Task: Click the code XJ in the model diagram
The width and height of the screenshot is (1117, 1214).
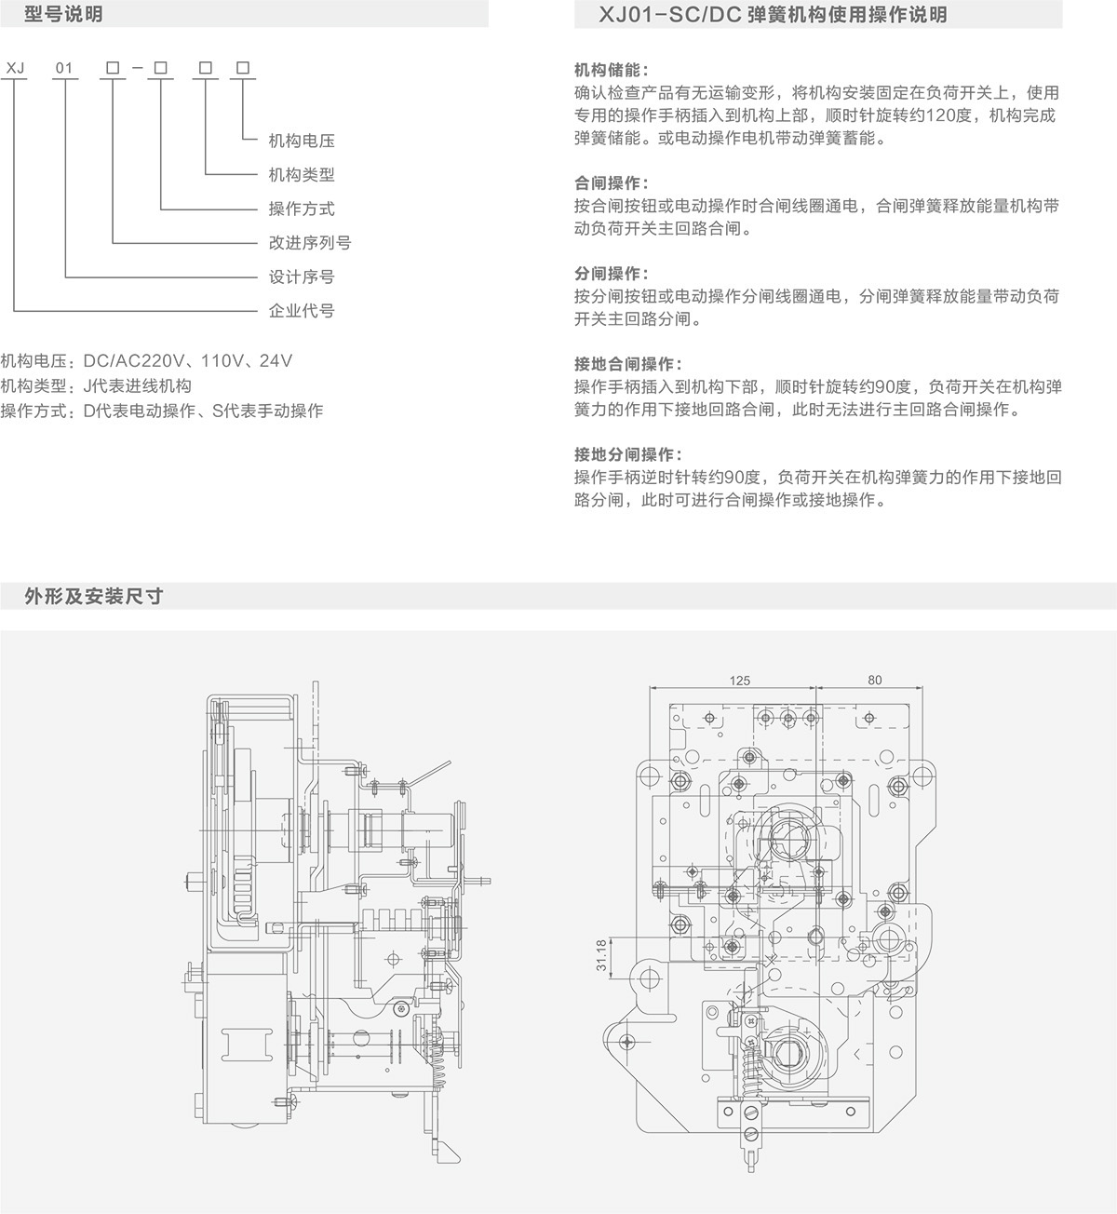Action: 15,68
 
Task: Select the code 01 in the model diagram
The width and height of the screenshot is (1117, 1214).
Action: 64,68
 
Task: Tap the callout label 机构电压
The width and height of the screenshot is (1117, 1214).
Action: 301,141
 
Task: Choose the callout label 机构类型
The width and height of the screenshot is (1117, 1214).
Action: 301,175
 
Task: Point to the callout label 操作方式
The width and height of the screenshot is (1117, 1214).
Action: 301,209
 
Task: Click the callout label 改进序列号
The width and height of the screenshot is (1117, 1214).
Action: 309,243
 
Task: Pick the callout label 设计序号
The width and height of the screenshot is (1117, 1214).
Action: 301,277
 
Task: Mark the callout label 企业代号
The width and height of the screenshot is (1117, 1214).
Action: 301,311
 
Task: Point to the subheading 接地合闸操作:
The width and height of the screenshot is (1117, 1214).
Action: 628,364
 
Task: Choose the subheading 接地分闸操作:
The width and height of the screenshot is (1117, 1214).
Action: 628,455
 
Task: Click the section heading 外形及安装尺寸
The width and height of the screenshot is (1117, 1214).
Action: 94,596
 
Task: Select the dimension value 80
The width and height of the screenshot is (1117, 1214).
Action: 873,681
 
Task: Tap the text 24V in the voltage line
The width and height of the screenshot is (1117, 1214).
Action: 276,361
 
